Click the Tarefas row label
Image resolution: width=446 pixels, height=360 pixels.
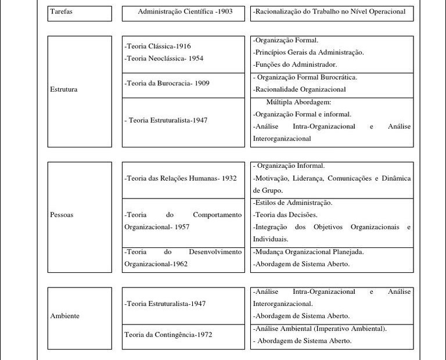tap(62, 12)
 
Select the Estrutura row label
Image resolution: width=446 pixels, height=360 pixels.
tap(64, 89)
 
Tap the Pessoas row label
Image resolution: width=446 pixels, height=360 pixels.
tap(62, 215)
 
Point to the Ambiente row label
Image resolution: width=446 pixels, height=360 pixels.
tap(64, 316)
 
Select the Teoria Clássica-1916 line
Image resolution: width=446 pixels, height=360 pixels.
tap(157, 46)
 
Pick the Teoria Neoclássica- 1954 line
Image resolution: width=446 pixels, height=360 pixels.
tap(164, 58)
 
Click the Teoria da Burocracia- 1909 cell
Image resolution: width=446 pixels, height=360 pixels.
tap(167, 83)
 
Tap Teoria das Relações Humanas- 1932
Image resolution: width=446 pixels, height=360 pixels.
tap(181, 178)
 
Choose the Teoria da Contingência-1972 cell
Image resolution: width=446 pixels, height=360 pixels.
tap(168, 334)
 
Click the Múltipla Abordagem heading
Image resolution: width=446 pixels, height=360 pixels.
tap(298, 102)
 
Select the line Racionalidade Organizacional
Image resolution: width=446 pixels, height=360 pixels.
tap(300, 89)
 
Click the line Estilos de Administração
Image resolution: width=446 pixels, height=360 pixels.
tap(293, 203)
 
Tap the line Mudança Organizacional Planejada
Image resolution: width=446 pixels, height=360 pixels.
tap(308, 252)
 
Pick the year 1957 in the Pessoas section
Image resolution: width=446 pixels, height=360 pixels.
tap(181, 227)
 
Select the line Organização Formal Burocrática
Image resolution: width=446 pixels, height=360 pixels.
tap(305, 77)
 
